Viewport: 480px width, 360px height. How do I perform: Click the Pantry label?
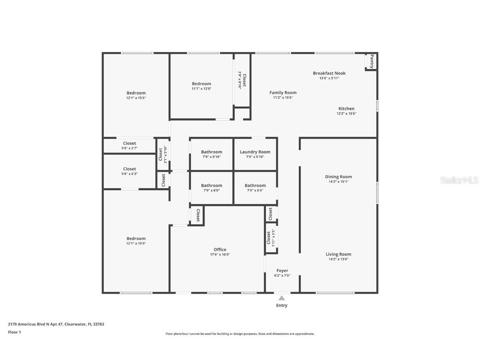tap(372, 61)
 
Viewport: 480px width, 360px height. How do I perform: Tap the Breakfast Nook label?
tap(329, 73)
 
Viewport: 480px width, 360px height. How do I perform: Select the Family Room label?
tap(283, 93)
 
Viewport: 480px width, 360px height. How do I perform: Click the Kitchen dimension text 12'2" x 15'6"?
tap(346, 114)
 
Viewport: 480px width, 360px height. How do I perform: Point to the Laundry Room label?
tap(255, 152)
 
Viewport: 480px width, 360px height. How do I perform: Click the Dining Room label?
tap(338, 177)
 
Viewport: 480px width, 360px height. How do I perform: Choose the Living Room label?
tap(338, 254)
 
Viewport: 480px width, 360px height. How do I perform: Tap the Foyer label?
tap(282, 271)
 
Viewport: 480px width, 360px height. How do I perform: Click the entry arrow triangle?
tap(282, 298)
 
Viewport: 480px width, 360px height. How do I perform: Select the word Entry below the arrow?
tap(282, 305)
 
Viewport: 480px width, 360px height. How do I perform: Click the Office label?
tap(220, 250)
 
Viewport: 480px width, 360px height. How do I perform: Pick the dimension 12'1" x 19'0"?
tap(136, 243)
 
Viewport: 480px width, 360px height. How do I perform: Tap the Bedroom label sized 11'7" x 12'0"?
tap(201, 84)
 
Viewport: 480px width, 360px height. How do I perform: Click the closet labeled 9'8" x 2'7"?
tap(130, 143)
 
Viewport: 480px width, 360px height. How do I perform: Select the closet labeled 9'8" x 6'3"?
tap(130, 169)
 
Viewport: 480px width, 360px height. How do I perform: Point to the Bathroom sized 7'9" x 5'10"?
tap(212, 152)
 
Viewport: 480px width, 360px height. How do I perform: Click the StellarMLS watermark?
tap(459, 180)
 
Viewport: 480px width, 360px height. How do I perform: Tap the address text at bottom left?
tap(56, 324)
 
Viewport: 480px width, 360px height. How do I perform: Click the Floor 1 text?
tap(14, 332)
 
